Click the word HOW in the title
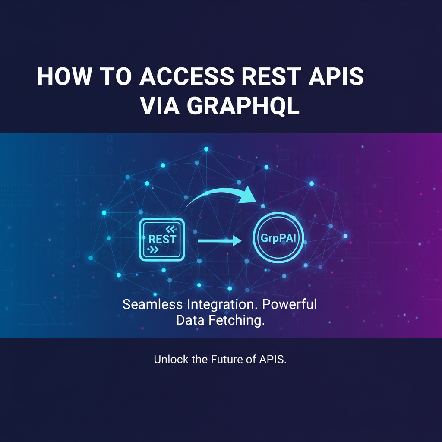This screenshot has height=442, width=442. pos(65,76)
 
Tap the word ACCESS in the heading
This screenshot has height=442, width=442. pos(186,76)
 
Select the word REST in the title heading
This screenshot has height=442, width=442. pos(272,76)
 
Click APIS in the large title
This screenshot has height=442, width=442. pos(336,76)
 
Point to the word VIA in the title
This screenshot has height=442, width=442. pos(160,106)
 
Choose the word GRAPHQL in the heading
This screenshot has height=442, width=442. pos(243,106)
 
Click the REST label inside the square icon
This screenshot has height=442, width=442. pos(162,239)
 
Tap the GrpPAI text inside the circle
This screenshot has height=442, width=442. pos(278,238)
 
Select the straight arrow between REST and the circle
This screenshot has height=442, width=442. pos(220,241)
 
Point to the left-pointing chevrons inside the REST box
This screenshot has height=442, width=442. pos(170,229)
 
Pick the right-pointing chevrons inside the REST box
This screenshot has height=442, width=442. pos(153,249)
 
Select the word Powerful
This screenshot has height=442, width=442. pos(289,304)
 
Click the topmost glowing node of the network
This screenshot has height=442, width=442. pos(206,149)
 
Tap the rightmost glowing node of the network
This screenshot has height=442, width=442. pos(345,236)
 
